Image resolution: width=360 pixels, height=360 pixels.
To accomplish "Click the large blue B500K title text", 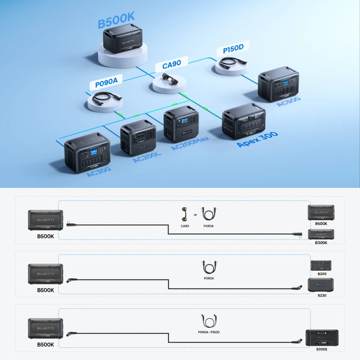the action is click(116, 20).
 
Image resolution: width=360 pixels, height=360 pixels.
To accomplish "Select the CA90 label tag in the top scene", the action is click(172, 64).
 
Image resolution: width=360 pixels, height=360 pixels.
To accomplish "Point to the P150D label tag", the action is click(233, 49).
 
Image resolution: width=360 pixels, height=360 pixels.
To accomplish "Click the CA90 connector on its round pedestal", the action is click(170, 78).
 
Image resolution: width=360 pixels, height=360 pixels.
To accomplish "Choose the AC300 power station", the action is click(87, 153).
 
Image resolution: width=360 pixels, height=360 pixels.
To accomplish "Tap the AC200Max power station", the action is click(181, 124).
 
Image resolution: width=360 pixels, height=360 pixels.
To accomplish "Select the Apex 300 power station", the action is click(244, 121).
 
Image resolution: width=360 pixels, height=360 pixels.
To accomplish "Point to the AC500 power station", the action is click(278, 84).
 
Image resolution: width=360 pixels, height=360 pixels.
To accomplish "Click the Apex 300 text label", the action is click(257, 139).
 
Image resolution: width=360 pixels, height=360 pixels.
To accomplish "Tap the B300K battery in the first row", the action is click(321, 234).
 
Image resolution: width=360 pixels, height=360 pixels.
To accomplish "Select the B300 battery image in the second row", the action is click(321, 265).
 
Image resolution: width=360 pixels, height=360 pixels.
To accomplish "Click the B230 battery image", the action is click(321, 285).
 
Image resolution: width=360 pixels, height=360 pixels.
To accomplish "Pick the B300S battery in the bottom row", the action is click(322, 338).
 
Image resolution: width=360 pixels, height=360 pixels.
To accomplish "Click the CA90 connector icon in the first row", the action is click(184, 214).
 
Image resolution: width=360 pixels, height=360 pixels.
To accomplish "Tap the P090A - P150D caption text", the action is click(209, 332).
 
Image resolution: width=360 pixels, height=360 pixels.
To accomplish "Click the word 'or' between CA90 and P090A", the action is click(195, 215).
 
